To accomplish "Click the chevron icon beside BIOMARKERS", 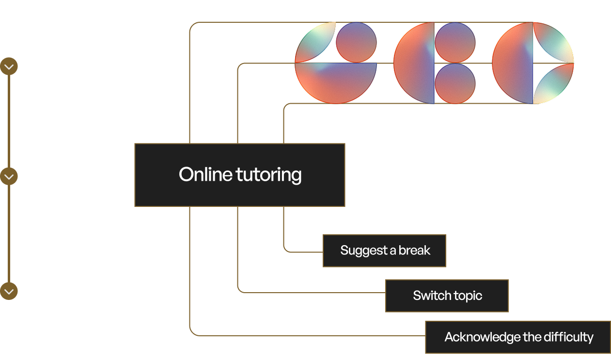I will tap(9, 66).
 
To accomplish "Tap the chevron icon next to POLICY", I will tap(9, 176).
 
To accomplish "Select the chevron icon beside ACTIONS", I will tap(9, 291).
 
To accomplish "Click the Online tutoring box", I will tap(239, 175).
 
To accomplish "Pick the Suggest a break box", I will tap(384, 250).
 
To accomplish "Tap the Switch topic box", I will tap(447, 296).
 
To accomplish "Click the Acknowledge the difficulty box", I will tap(518, 337).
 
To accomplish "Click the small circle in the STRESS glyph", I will tap(356, 43).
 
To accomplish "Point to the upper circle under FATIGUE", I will tap(455, 43).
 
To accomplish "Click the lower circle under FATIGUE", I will tap(455, 83).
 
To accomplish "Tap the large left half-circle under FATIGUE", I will tap(415, 63).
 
